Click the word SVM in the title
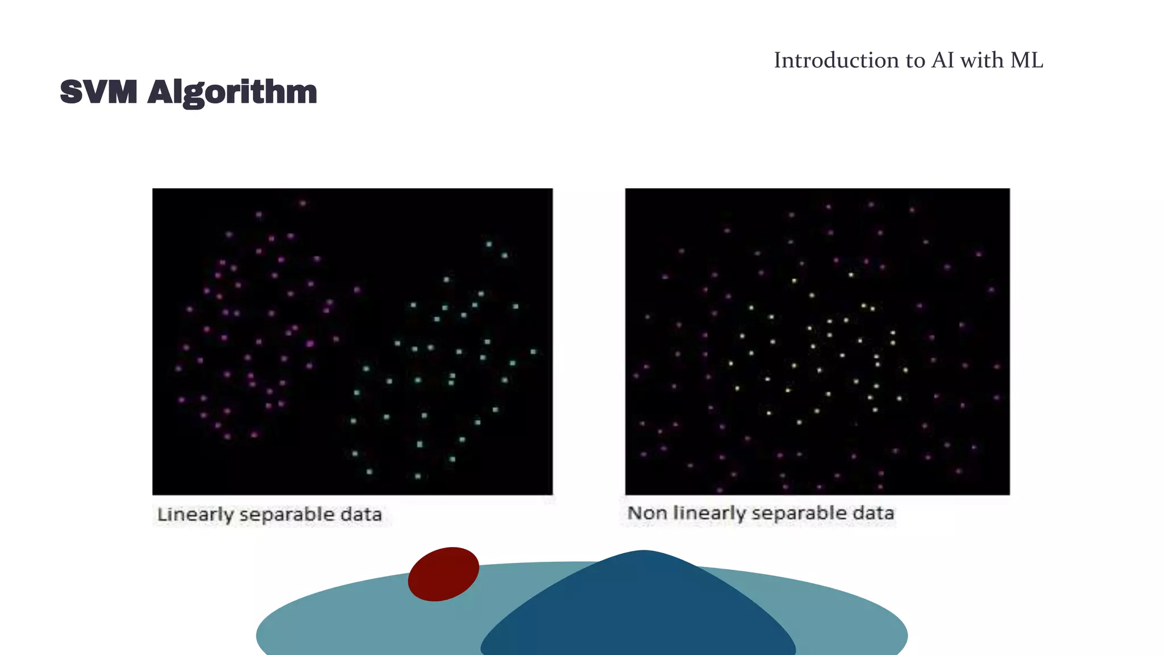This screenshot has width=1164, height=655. coord(98,92)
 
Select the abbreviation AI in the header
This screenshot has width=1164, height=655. coord(943,60)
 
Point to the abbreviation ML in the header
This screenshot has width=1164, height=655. coord(1026,60)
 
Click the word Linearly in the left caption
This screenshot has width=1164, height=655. coord(195,515)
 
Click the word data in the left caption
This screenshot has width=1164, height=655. coord(361,514)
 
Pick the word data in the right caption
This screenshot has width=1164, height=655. coord(873,513)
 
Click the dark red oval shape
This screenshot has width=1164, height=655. coord(443,574)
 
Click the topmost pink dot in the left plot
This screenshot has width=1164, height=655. coord(303,203)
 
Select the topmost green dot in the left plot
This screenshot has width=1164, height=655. coord(489,244)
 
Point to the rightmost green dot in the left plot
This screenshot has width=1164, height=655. coord(533,352)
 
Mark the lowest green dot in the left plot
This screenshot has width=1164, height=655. coord(418,476)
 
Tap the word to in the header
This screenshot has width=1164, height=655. coord(914,60)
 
